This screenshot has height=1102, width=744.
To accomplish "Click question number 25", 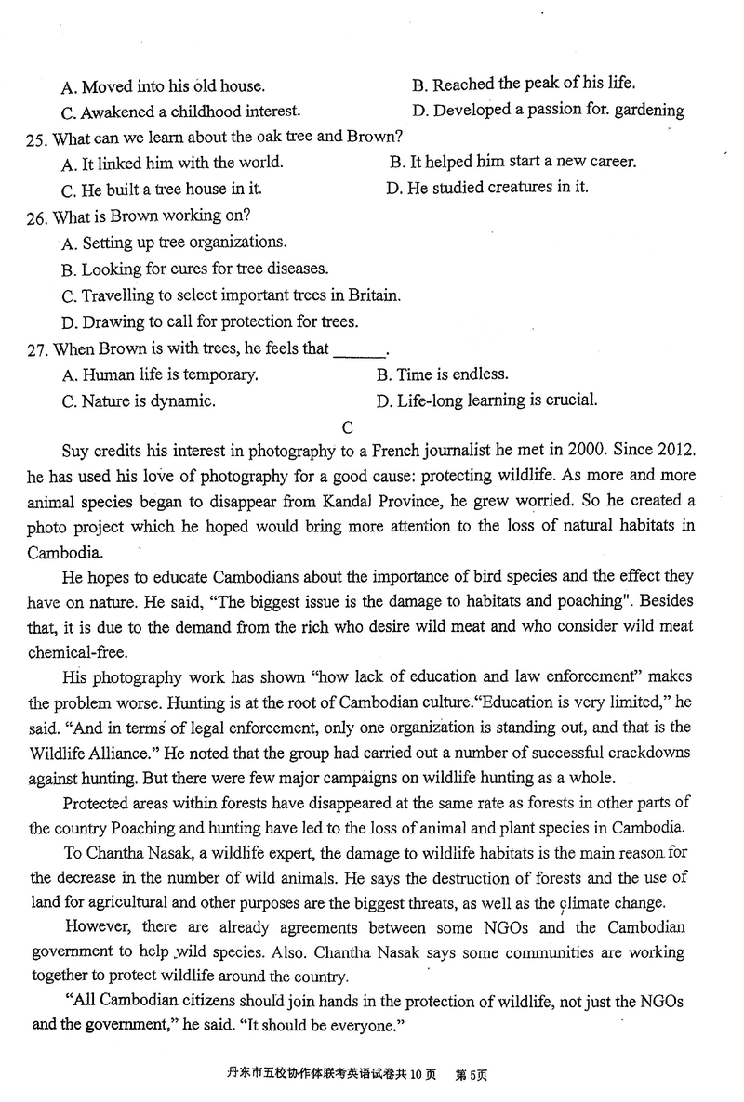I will point(36,138).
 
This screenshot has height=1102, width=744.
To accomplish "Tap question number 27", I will point(36,349).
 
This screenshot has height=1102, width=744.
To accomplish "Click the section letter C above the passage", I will point(348,427).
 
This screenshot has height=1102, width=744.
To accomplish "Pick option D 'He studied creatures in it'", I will point(487,189).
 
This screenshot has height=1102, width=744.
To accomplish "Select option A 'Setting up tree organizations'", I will point(174,243).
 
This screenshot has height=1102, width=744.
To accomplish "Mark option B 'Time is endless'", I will point(442,375).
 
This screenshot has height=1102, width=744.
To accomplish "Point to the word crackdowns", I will point(647,752).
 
